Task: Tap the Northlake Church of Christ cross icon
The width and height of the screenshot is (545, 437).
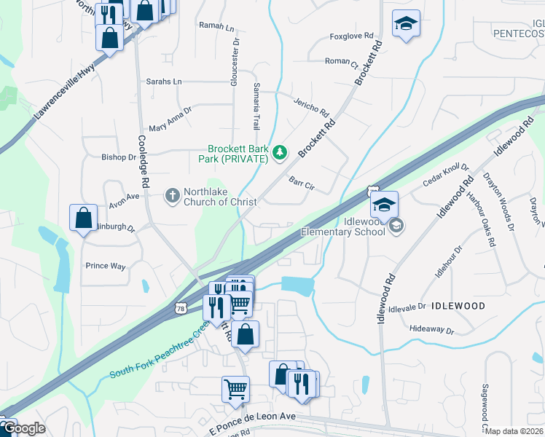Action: [x=172, y=194]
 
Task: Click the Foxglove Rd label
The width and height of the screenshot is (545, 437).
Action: [x=351, y=35]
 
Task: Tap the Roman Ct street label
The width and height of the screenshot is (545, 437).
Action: [x=341, y=62]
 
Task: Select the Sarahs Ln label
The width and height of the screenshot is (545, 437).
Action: [x=164, y=82]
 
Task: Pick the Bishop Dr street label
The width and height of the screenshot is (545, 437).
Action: [x=119, y=157]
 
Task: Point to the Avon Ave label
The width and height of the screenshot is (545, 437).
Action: [x=124, y=197]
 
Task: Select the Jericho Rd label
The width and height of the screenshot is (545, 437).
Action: [x=312, y=106]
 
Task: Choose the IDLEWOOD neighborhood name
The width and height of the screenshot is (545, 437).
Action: [x=457, y=307]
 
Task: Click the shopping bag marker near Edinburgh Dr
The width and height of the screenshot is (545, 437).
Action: [x=83, y=218]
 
